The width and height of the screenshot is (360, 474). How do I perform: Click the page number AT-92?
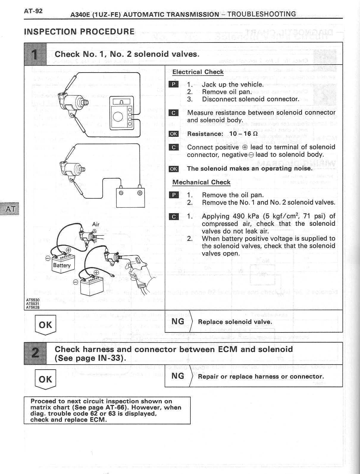coord(33,11)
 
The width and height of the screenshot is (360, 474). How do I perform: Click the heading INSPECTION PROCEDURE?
coord(79,32)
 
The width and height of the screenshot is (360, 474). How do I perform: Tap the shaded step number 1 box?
coord(35,54)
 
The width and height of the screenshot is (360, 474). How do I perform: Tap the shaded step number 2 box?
coord(35,353)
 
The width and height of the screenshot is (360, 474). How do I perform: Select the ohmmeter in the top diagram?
coord(122,113)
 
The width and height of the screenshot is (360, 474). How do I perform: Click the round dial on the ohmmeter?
coord(118,116)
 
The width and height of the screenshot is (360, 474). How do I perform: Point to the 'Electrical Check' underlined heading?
coord(198,72)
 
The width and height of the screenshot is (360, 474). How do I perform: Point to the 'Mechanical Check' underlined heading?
coord(201,182)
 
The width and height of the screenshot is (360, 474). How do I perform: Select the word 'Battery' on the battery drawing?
coord(62,265)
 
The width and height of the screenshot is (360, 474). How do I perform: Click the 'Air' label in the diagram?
coord(96,224)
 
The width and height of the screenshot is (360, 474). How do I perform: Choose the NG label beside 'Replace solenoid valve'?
coord(178,321)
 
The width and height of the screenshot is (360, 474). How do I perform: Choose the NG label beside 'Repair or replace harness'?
coord(178,376)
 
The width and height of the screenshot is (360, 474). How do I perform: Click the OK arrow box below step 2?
coord(45,379)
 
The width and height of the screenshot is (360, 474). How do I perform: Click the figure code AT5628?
coord(33,307)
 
